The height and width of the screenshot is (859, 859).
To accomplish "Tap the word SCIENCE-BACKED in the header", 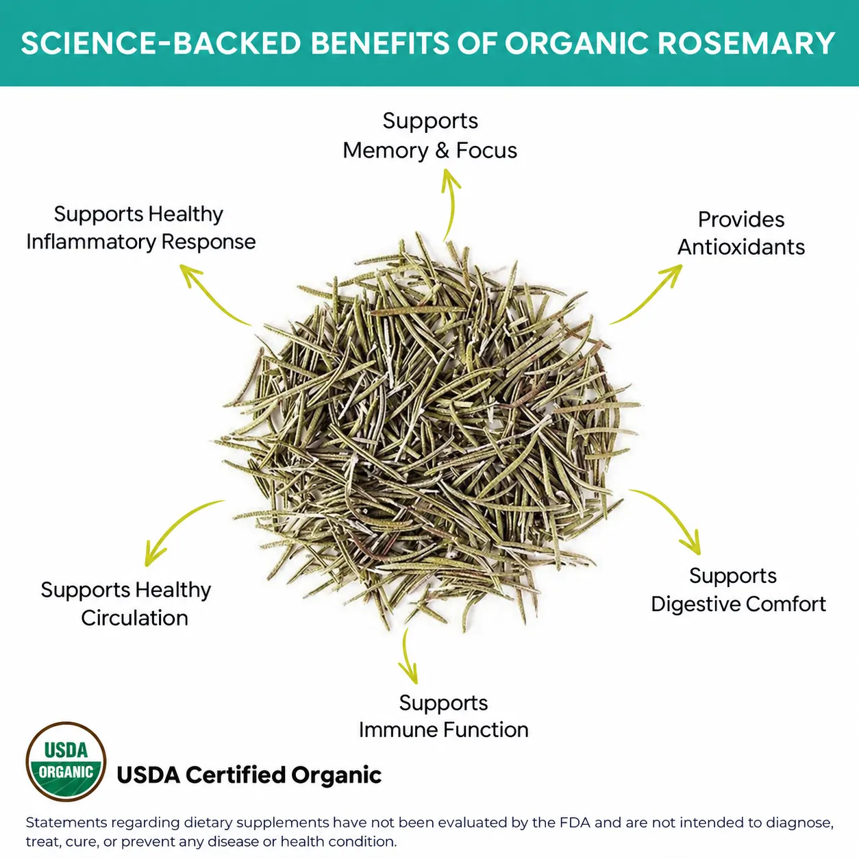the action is point(161,43).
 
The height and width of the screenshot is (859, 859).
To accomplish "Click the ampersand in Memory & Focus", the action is point(443,151).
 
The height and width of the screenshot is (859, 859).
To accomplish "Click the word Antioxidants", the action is point(741,247).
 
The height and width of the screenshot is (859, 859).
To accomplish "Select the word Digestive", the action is point(695,605).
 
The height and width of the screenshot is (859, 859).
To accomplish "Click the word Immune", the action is point(398,730).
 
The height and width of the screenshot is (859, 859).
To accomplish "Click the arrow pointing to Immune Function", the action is point(406,656).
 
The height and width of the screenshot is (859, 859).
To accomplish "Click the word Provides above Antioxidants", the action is point(741,220).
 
